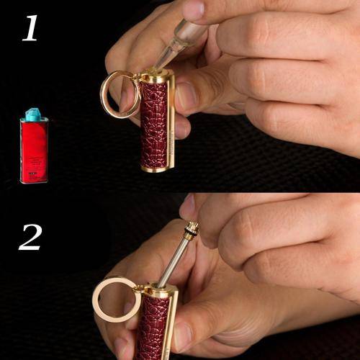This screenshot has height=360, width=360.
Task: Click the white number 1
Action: point(30,28)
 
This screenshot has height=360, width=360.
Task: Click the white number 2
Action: point(30,237)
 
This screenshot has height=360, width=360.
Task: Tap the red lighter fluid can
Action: point(34,150)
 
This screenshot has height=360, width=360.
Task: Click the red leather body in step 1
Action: point(153,125)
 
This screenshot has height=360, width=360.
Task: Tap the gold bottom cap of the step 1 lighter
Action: point(157,168)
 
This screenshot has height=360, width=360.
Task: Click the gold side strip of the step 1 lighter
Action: point(171,122)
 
